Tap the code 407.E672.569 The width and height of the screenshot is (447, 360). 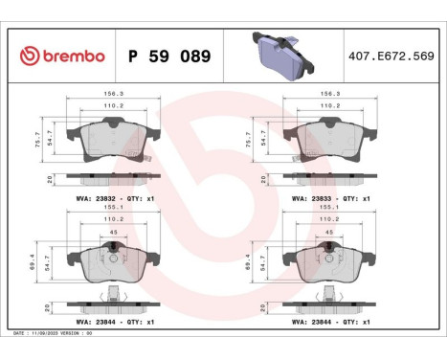click(391, 56)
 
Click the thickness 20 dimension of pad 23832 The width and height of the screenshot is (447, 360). click(50, 179)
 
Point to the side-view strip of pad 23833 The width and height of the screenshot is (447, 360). click(331, 179)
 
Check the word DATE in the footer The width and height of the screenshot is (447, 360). click(20, 332)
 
